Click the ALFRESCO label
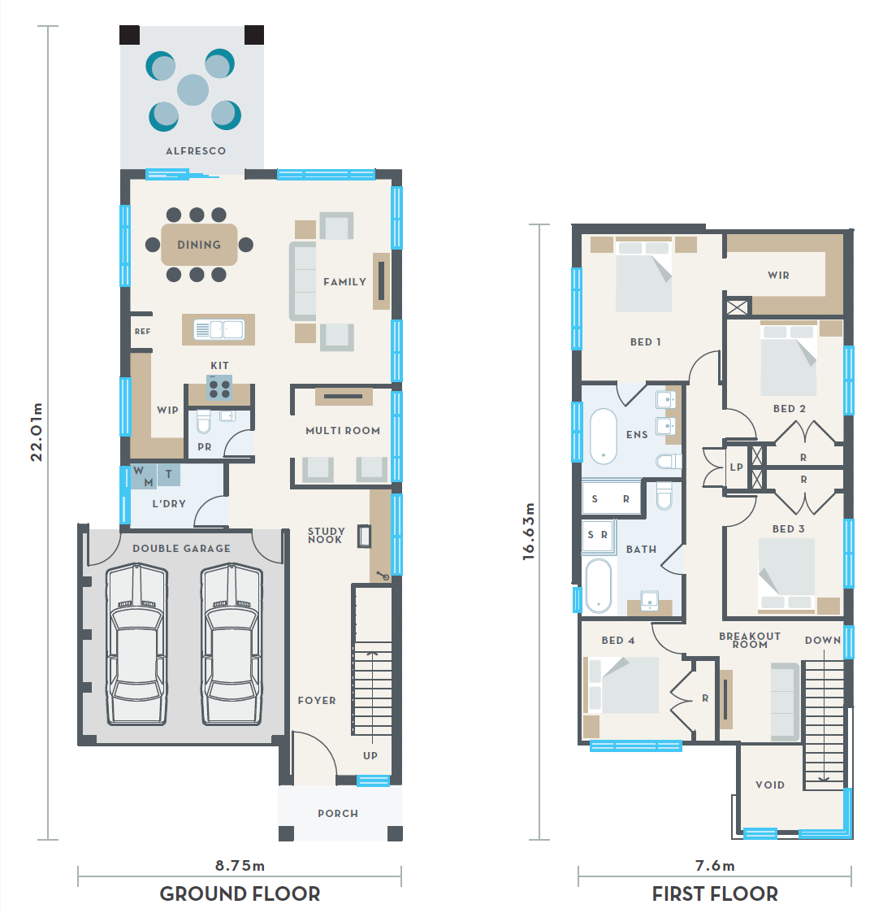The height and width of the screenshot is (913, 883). [x=196, y=150]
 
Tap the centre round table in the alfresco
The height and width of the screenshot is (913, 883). [x=193, y=89]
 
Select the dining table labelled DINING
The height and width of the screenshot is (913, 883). [x=199, y=245]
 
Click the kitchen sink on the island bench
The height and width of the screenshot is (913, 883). [x=219, y=329]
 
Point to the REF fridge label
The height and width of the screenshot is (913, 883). [x=142, y=332]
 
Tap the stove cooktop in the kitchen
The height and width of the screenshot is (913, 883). [x=219, y=389]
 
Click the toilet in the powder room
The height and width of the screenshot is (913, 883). [x=203, y=422]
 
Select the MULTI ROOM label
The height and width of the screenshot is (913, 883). [x=343, y=431]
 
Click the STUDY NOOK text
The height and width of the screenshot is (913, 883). [x=327, y=535]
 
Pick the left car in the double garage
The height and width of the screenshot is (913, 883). [x=136, y=644]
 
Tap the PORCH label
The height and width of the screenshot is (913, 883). [x=338, y=814]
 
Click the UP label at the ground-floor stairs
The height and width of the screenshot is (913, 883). [x=370, y=756]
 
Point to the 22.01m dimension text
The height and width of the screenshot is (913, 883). [x=37, y=432]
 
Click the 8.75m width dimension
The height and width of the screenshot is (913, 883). [x=240, y=866]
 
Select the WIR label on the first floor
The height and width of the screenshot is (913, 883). [x=778, y=276]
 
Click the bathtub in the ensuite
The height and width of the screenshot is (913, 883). [x=604, y=436]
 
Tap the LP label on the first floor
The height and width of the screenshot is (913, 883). [x=737, y=467]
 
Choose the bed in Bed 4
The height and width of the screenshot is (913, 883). [x=622, y=685]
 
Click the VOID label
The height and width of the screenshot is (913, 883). [x=770, y=785]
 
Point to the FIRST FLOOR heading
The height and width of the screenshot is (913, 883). [x=715, y=893]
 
